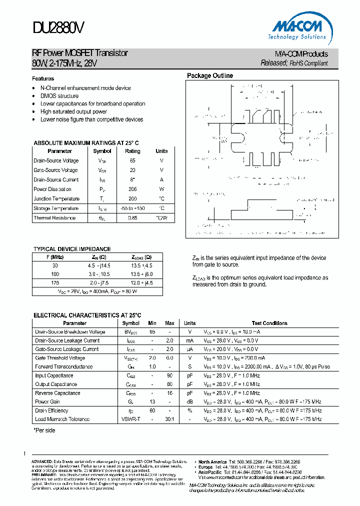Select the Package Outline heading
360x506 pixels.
coord(210,76)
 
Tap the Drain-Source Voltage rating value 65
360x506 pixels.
coord(132,160)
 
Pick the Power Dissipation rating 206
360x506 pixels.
coord(132,189)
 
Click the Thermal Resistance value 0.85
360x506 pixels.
coord(132,218)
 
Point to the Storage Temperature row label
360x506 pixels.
coord(56,208)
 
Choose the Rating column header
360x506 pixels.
coord(132,151)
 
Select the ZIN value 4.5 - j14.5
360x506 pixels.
coord(99,266)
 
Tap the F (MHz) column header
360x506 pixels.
coord(55,257)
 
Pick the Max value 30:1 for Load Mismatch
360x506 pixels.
coord(170,419)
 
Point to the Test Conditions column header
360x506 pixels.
coord(269,323)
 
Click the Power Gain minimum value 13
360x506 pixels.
coord(152,401)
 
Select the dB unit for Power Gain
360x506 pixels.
coord(189,401)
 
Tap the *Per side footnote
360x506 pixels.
coord(44,430)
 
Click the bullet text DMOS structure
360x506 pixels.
coord(59,96)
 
